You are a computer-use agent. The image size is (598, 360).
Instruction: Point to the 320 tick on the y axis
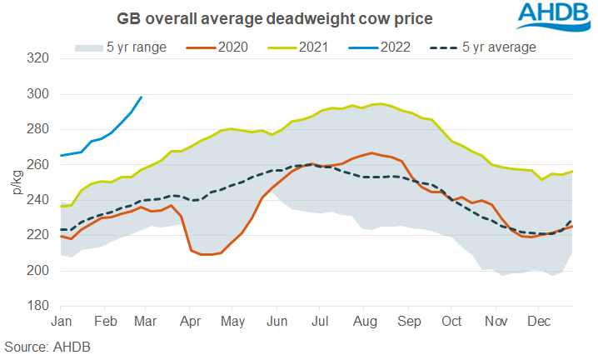point(37,59)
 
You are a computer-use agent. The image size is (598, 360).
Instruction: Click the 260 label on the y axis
point(37,165)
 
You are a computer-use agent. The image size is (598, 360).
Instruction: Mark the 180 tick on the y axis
point(37,306)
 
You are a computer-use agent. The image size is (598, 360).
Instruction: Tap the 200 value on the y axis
point(37,271)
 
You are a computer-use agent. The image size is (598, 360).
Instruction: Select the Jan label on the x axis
point(62,321)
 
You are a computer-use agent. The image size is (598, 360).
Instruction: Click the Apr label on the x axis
point(191,321)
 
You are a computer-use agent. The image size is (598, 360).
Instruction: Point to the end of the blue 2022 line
point(142,97)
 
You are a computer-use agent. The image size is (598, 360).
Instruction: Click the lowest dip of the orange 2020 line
point(208,254)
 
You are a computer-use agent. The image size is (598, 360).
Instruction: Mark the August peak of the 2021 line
point(380,103)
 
